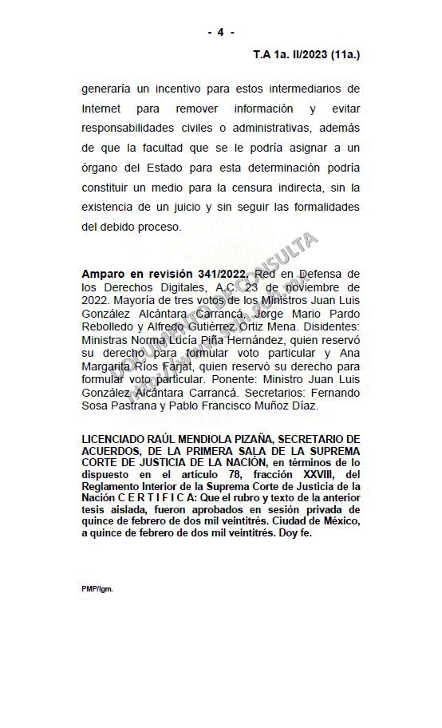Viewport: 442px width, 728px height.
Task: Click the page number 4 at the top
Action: coord(221,32)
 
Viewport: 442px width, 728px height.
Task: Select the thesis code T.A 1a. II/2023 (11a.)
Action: coord(306,55)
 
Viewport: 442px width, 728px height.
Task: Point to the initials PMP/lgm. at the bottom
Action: coord(97,588)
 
